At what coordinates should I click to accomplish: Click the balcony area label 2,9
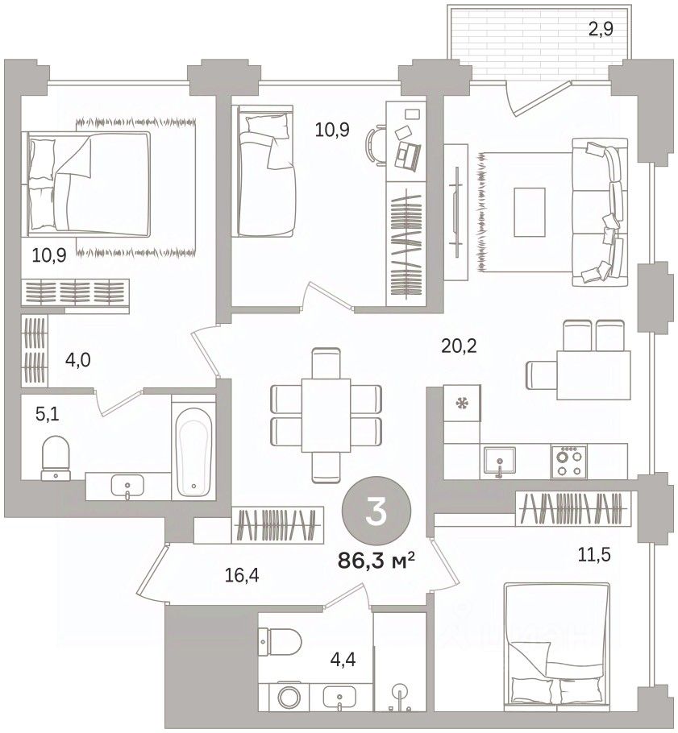point(601,30)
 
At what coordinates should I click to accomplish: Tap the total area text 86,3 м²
point(376,560)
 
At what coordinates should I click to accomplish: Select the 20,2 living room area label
point(459,346)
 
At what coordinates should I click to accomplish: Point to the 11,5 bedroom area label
point(594,555)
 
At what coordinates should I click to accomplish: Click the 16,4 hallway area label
point(241,575)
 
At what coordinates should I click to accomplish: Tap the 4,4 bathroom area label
point(342,660)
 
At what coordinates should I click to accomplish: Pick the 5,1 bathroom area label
point(48,413)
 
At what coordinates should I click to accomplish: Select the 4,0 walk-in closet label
point(77,360)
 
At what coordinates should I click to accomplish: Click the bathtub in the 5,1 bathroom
point(193,447)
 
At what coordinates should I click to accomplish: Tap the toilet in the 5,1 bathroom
point(56,458)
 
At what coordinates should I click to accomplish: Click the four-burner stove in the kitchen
point(569,462)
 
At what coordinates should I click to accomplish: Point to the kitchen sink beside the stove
point(500,462)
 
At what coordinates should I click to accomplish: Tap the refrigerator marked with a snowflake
point(462,402)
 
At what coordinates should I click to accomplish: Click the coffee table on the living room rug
point(530,212)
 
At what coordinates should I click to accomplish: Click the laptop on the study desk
point(408,155)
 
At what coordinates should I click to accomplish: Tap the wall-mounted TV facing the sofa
point(456,211)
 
